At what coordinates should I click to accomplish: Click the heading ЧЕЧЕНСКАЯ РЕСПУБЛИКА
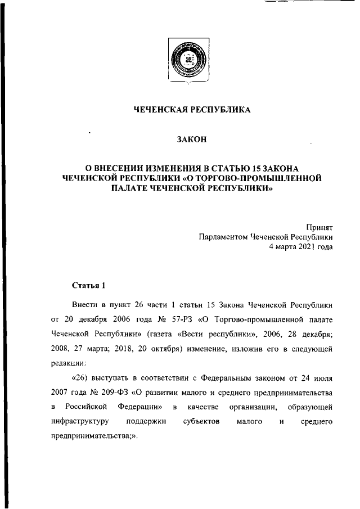pos(191,110)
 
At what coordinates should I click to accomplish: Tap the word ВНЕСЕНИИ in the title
pos(123,168)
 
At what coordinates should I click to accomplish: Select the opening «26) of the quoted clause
pos(81,376)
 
